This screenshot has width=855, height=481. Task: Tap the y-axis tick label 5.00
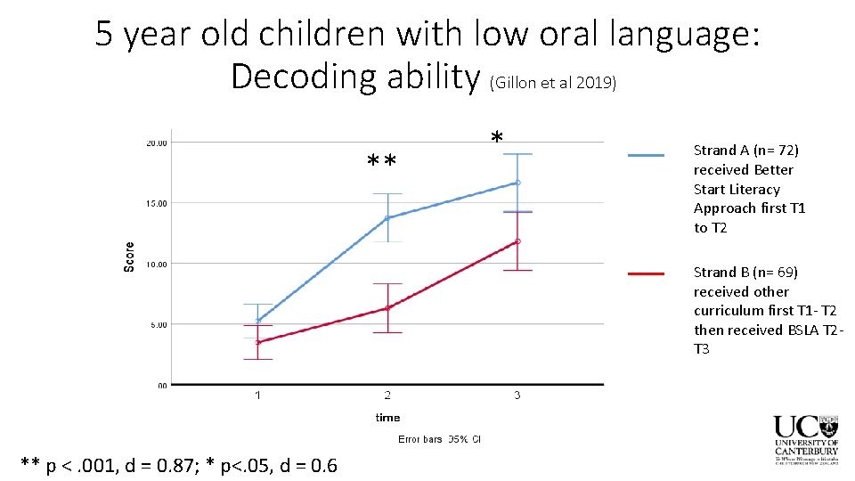157,325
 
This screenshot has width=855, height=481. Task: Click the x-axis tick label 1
258,395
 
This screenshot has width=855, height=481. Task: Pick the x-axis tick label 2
387,395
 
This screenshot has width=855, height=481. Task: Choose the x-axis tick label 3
517,395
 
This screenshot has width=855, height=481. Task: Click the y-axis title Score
130,257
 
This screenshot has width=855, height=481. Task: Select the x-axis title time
387,417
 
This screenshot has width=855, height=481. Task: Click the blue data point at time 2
387,217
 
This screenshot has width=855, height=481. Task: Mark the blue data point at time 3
517,183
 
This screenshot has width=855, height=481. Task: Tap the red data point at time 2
387,308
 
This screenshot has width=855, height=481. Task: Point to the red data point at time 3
517,241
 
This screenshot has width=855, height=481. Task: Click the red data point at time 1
258,342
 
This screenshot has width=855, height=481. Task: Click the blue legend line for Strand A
646,155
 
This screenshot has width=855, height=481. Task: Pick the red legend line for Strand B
646,273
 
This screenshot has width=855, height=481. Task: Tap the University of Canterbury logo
805,439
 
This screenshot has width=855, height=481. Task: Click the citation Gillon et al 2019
552,83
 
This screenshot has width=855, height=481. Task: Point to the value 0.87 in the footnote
178,464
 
